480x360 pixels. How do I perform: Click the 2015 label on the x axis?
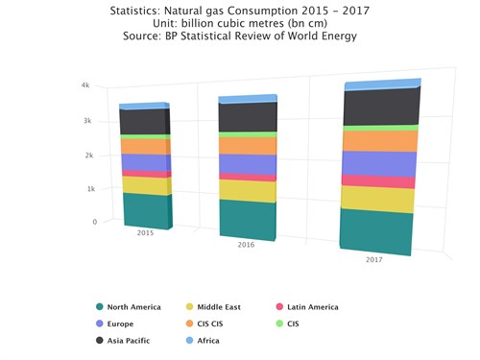coord(145,232)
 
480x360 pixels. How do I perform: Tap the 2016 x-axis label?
coord(246,245)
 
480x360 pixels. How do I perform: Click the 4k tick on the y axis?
coord(85,85)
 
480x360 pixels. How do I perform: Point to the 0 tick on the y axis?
coord(94,222)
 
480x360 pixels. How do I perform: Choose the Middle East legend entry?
coord(218,307)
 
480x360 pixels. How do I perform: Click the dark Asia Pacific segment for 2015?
coord(144,122)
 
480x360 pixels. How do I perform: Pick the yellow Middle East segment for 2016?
coord(247,190)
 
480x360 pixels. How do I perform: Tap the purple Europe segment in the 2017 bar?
coord(378,164)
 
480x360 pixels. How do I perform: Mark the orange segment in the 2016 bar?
coord(247,145)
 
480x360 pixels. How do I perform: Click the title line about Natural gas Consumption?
coord(240,9)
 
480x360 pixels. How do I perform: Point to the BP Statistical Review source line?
coord(240,36)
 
